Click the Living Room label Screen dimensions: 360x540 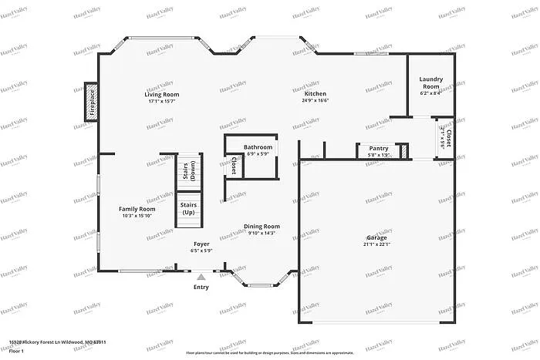tap(162, 94)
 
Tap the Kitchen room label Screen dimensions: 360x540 tap(316, 93)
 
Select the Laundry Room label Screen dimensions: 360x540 tap(431, 82)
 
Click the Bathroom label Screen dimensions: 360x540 tap(258, 146)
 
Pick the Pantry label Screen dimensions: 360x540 tap(378, 148)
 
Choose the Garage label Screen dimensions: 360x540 tap(376, 237)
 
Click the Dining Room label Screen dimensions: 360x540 tap(262, 227)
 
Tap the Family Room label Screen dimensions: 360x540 tap(137, 209)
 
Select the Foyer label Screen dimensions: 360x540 tap(201, 244)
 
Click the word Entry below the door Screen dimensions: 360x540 tap(201, 287)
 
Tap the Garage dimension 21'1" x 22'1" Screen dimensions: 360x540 tap(376, 244)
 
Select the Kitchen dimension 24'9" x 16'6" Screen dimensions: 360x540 tap(316, 100)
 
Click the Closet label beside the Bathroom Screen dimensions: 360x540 tap(234, 165)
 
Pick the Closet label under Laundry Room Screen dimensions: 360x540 tap(448, 137)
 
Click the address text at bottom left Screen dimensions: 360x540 tap(57, 341)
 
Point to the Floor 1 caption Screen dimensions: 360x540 tap(17, 351)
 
